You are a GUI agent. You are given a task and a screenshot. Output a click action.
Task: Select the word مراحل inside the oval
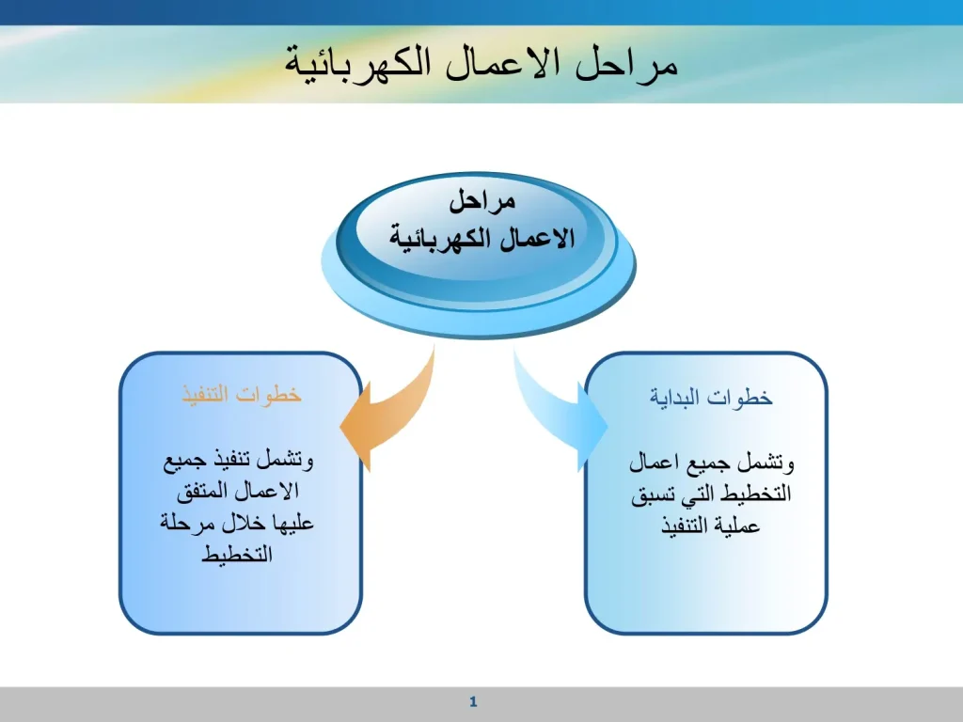482,202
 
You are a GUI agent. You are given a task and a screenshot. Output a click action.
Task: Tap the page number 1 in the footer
473,701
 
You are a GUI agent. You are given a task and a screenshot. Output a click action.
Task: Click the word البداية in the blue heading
675,398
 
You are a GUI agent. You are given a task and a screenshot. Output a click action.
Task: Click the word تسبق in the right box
652,494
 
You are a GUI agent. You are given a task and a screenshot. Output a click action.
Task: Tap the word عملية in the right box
739,526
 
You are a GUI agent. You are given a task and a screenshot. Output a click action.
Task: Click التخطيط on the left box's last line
237,555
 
